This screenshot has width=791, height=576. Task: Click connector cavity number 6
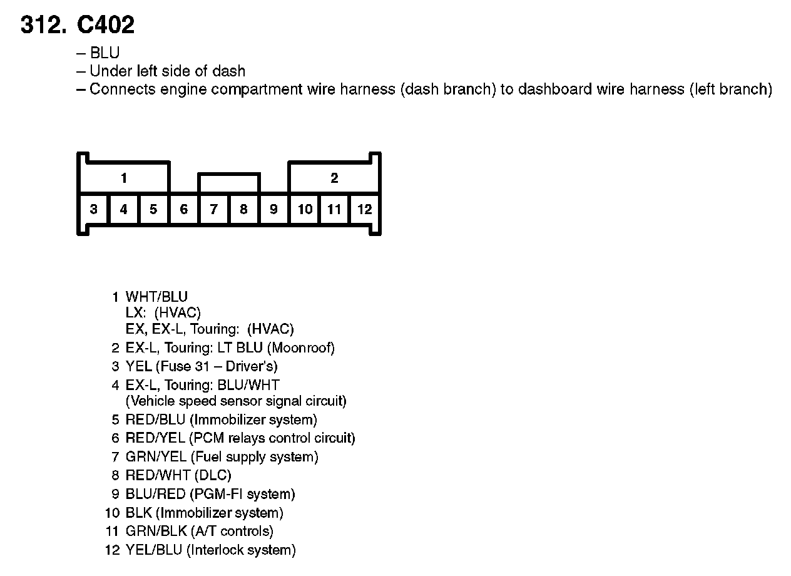tap(183, 209)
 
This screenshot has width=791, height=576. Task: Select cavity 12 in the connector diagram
tap(364, 209)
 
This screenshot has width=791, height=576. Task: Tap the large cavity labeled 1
tap(124, 178)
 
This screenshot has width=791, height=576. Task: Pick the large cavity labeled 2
tap(334, 178)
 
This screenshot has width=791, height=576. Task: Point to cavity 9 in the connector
tap(273, 209)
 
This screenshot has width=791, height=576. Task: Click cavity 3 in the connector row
tap(93, 209)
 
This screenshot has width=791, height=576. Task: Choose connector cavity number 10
tap(305, 209)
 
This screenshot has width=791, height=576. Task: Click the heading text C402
tap(106, 25)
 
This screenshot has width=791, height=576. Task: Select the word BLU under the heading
tap(105, 53)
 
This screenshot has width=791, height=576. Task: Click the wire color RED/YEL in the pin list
tap(155, 438)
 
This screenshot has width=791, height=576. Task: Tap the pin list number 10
tap(112, 513)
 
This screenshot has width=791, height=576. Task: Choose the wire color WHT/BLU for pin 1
tap(156, 297)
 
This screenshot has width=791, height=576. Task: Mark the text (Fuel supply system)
tap(254, 457)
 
